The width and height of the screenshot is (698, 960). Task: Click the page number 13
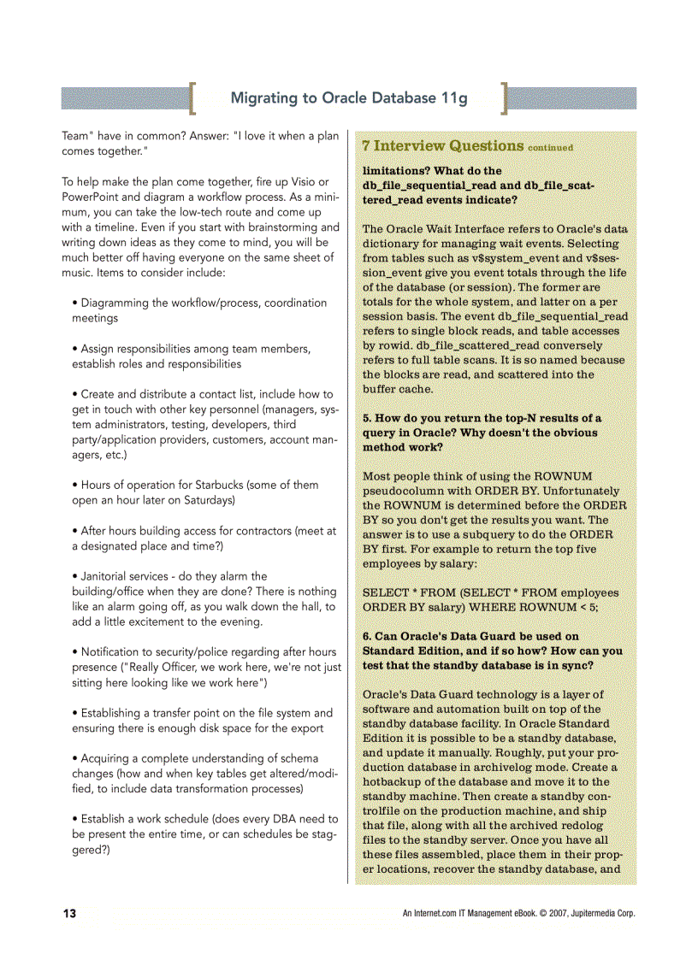point(69,914)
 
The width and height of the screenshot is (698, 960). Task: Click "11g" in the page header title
point(453,97)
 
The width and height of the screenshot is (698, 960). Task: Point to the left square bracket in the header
point(192,98)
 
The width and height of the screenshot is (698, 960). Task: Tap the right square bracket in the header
point(506,98)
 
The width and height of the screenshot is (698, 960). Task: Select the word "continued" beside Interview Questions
point(551,148)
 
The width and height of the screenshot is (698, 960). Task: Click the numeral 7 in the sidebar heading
point(366,146)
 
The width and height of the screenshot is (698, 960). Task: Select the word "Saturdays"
point(206,500)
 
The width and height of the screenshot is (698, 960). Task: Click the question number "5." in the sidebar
point(367,418)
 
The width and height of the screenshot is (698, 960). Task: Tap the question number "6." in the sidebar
point(367,636)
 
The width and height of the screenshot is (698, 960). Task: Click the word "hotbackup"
point(392,782)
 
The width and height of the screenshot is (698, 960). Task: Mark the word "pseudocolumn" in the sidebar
point(401,491)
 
